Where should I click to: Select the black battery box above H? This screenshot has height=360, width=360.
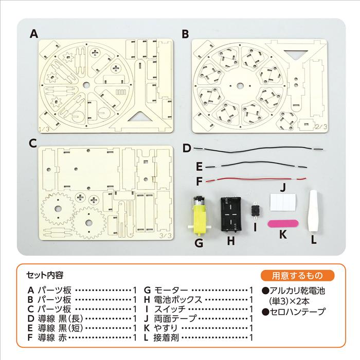(232, 213)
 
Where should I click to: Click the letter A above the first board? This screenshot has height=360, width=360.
(34, 34)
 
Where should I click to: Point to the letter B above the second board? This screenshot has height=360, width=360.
(185, 34)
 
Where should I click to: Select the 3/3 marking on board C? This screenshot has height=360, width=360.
(166, 236)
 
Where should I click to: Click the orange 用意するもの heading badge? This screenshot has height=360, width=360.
(298, 274)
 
